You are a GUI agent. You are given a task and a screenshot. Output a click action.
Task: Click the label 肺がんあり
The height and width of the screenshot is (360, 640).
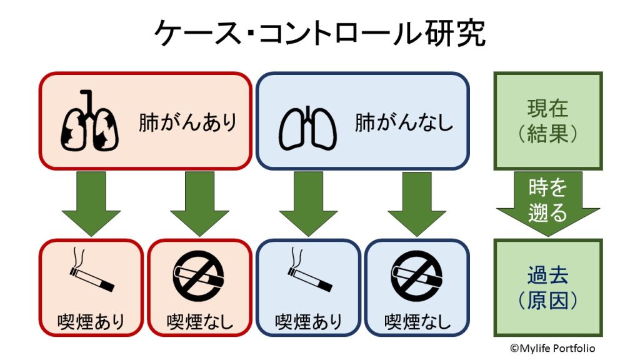click(x=188, y=122)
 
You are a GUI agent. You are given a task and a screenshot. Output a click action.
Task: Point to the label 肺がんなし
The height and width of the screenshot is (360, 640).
click(x=404, y=122)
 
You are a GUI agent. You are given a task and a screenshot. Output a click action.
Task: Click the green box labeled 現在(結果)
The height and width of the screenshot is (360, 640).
click(x=547, y=121)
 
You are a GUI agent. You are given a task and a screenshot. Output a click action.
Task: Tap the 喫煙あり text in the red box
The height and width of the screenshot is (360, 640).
click(x=91, y=322)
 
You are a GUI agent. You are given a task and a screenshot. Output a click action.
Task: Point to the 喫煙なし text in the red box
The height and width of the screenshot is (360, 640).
click(x=199, y=322)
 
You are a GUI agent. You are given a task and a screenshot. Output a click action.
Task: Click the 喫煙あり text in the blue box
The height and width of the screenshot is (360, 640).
click(x=309, y=322)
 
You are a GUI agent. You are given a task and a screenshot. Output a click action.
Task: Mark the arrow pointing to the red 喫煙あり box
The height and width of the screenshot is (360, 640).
click(x=91, y=203)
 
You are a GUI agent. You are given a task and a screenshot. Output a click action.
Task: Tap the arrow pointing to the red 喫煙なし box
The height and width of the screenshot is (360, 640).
click(x=199, y=203)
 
